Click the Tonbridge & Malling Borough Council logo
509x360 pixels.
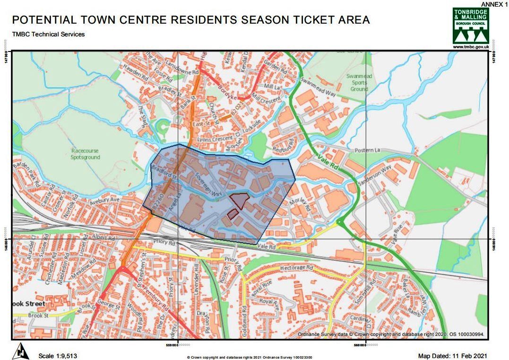coord(470,26)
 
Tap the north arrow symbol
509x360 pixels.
coord(20,351)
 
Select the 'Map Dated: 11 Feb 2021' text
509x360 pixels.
coord(452,356)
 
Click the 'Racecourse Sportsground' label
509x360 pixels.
coord(86,154)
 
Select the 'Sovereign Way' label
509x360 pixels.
coord(208,186)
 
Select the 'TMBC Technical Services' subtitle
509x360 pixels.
coord(48,34)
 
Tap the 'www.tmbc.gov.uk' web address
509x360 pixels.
coord(470,47)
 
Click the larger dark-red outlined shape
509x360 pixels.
coord(240,200)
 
